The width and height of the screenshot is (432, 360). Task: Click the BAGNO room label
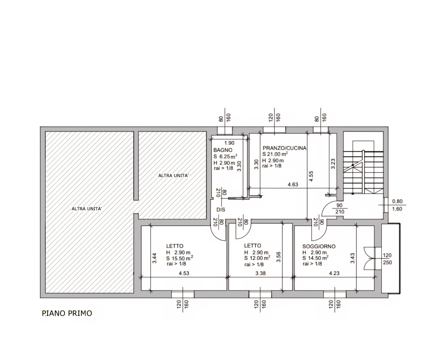(223, 150)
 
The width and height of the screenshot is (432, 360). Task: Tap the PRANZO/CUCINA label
(285, 148)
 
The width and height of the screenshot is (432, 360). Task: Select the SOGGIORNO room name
(319, 246)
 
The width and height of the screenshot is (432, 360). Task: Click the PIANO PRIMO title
(67, 313)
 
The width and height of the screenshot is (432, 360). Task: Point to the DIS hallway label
(221, 210)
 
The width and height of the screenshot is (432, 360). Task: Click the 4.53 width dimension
(184, 273)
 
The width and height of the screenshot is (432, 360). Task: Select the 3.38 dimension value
(261, 273)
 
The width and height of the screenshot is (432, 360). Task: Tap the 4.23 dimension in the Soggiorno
(334, 273)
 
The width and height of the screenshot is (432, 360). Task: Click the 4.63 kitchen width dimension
(293, 185)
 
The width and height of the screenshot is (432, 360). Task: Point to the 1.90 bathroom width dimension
(230, 143)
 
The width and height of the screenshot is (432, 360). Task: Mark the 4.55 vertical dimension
(311, 176)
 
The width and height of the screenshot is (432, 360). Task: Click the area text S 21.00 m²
(275, 154)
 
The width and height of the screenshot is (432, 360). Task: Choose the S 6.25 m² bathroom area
(225, 156)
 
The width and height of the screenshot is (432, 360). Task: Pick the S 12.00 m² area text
(257, 258)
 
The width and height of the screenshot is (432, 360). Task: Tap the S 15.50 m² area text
(180, 258)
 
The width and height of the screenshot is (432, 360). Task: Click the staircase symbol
(363, 167)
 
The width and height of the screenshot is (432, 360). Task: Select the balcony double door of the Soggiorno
(369, 258)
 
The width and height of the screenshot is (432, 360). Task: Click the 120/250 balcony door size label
(387, 259)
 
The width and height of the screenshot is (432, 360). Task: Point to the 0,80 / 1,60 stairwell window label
(397, 205)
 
